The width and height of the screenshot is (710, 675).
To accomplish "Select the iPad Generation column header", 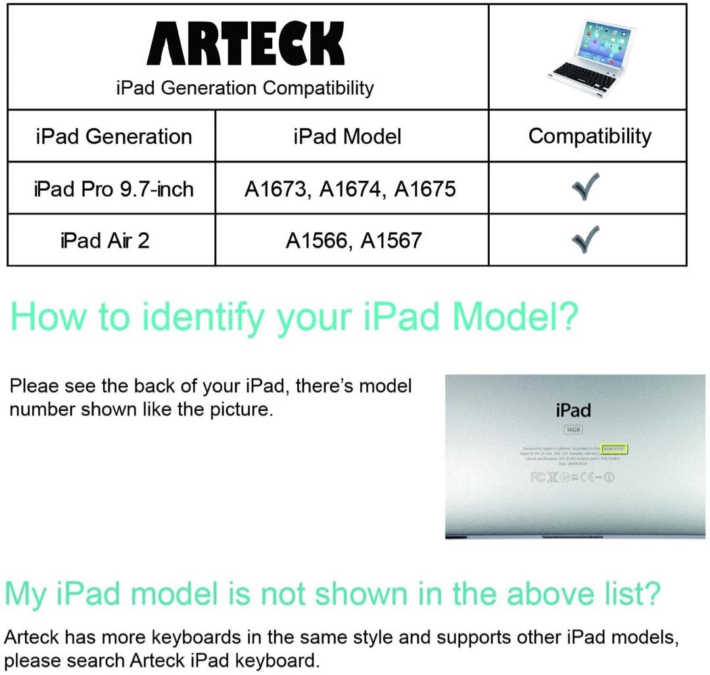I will tap(114, 136).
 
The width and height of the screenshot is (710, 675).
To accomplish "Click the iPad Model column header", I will tap(347, 136).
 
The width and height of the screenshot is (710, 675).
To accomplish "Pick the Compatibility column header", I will tap(590, 136).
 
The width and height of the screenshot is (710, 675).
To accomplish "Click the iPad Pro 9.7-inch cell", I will tap(114, 189).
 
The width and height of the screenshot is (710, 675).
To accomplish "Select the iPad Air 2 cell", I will tap(105, 240).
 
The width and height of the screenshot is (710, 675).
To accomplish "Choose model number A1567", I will tap(391, 241).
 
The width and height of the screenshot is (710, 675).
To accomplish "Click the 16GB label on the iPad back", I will tap(573, 430).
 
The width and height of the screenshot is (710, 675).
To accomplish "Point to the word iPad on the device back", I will tap(573, 411).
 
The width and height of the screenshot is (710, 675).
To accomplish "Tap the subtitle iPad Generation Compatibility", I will tap(245, 87).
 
